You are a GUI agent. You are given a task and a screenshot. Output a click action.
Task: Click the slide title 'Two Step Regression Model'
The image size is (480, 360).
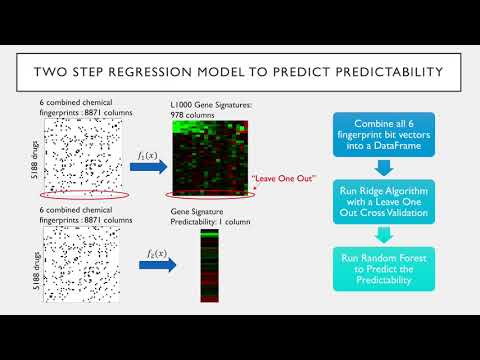click(240, 72)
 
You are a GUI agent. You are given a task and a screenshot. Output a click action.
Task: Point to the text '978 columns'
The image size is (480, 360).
click(195, 115)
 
